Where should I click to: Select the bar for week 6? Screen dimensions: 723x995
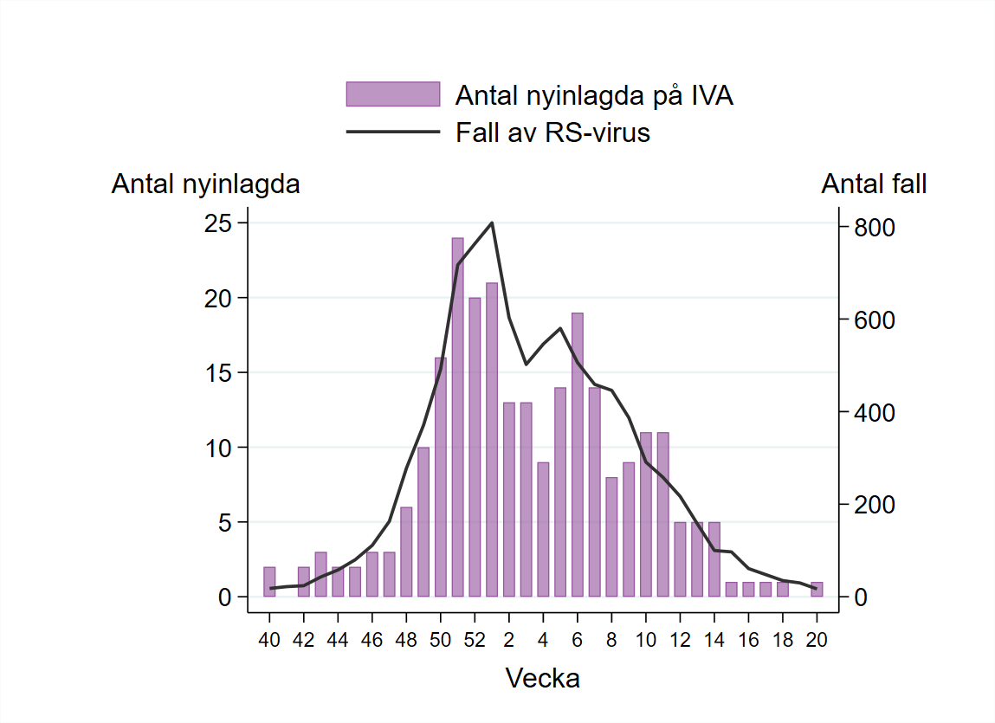coord(578,455)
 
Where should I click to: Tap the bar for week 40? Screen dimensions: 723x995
coord(269,582)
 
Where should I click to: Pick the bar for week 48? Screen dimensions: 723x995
coord(406,552)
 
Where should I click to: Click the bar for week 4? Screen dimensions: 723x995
coord(543,529)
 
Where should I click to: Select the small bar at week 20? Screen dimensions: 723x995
coord(817,590)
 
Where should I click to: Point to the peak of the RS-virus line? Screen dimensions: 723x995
coord(492,223)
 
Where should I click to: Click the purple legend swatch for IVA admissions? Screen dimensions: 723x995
coord(392,94)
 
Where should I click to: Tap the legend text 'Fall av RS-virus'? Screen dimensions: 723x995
coord(552,133)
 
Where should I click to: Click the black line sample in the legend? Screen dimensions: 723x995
coord(392,133)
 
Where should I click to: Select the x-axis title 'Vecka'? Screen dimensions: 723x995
coord(542,678)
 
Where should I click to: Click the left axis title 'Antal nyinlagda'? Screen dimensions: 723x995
coord(205,184)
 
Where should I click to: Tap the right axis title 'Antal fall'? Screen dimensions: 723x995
coord(874,184)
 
